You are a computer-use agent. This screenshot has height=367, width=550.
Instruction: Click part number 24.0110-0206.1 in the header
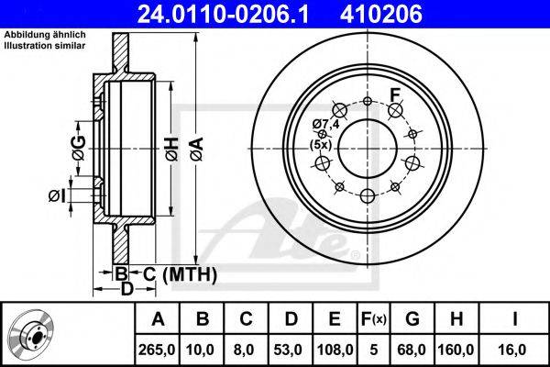point(223,14)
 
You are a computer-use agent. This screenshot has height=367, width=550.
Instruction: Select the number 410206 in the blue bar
point(381,14)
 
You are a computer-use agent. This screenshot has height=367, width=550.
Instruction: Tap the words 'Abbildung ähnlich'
point(45,35)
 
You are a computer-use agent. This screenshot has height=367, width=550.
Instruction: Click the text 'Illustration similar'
point(45,45)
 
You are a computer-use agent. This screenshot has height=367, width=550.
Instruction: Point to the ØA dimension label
point(197,150)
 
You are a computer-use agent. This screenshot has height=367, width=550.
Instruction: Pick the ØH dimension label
point(172,150)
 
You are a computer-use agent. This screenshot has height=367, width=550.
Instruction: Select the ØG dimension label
point(79,148)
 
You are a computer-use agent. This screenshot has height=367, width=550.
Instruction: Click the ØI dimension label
point(57,196)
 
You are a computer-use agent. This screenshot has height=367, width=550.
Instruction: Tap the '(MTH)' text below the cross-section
point(190,274)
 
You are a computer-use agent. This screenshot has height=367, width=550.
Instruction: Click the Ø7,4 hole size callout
point(325,124)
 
